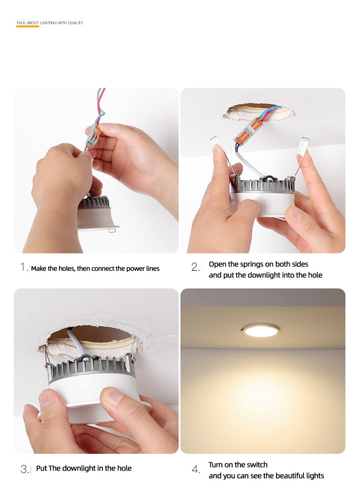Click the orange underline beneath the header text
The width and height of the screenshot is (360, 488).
coord(28,26)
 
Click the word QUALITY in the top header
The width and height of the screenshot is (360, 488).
coord(75,22)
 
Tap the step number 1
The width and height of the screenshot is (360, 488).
coord(23,267)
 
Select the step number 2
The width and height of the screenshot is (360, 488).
coord(195,267)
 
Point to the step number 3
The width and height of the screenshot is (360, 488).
coord(24,469)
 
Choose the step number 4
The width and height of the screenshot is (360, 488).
coord(195,469)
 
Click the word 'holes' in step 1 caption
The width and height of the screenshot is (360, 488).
coord(65,268)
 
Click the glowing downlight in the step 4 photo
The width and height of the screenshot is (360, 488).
coord(261,331)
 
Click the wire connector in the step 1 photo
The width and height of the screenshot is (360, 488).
coord(94,134)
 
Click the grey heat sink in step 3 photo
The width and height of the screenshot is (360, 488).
coord(91,369)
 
